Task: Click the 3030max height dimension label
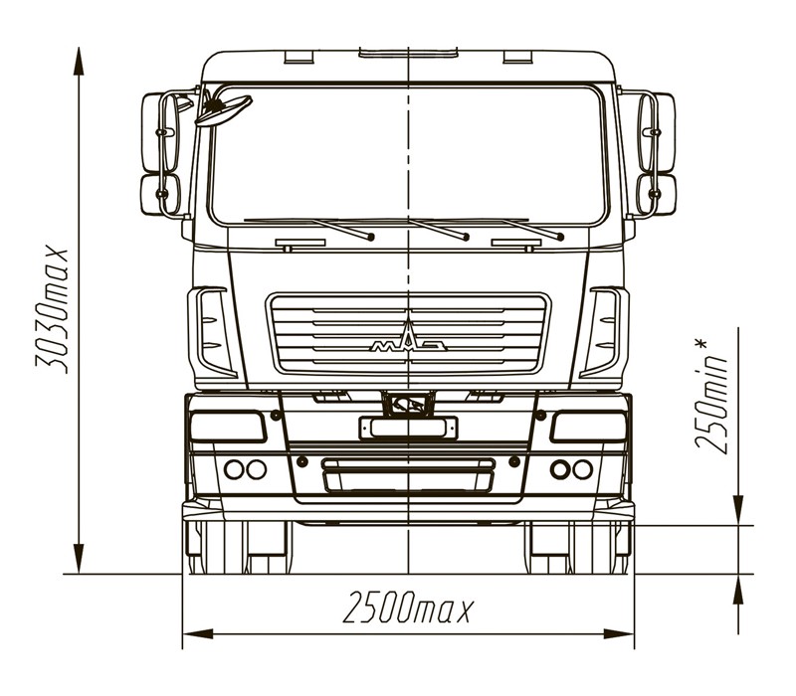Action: click(51, 311)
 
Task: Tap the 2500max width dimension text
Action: click(408, 607)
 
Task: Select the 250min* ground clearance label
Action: click(710, 396)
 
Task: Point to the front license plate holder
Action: click(408, 428)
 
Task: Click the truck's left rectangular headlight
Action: click(228, 427)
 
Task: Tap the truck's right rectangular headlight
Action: click(589, 427)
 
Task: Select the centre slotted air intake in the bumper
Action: click(408, 475)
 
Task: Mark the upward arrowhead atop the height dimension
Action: click(79, 61)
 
